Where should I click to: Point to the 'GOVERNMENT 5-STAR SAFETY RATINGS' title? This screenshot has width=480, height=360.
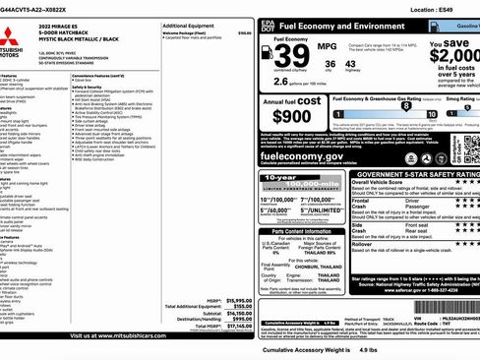click(x=412, y=173)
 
